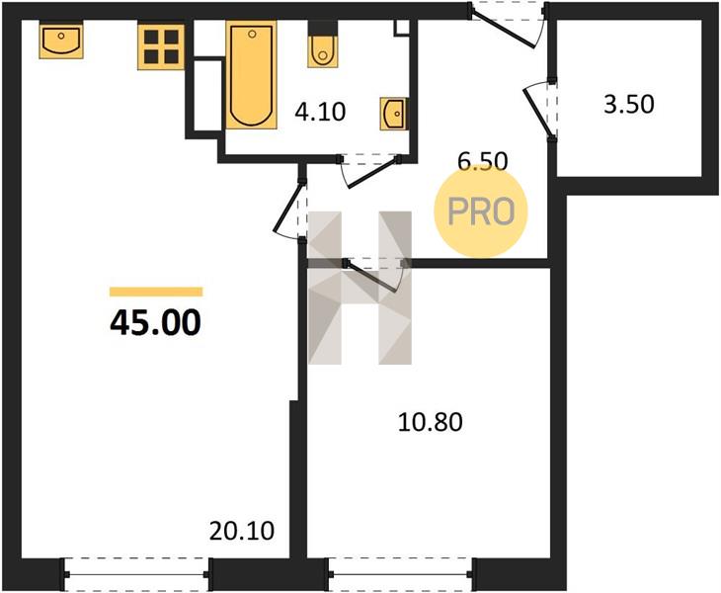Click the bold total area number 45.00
[155, 322]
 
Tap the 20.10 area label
[242, 531]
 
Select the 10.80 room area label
[430, 422]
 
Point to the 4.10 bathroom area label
[320, 112]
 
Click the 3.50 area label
[628, 104]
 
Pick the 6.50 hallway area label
[483, 161]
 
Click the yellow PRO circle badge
[481, 212]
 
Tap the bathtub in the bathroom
[251, 75]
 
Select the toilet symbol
[323, 51]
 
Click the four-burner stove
[161, 46]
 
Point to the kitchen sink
[61, 42]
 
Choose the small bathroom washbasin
[394, 114]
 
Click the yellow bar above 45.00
[156, 292]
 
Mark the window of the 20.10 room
[136, 574]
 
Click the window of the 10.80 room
[400, 574]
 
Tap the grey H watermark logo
[360, 288]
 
